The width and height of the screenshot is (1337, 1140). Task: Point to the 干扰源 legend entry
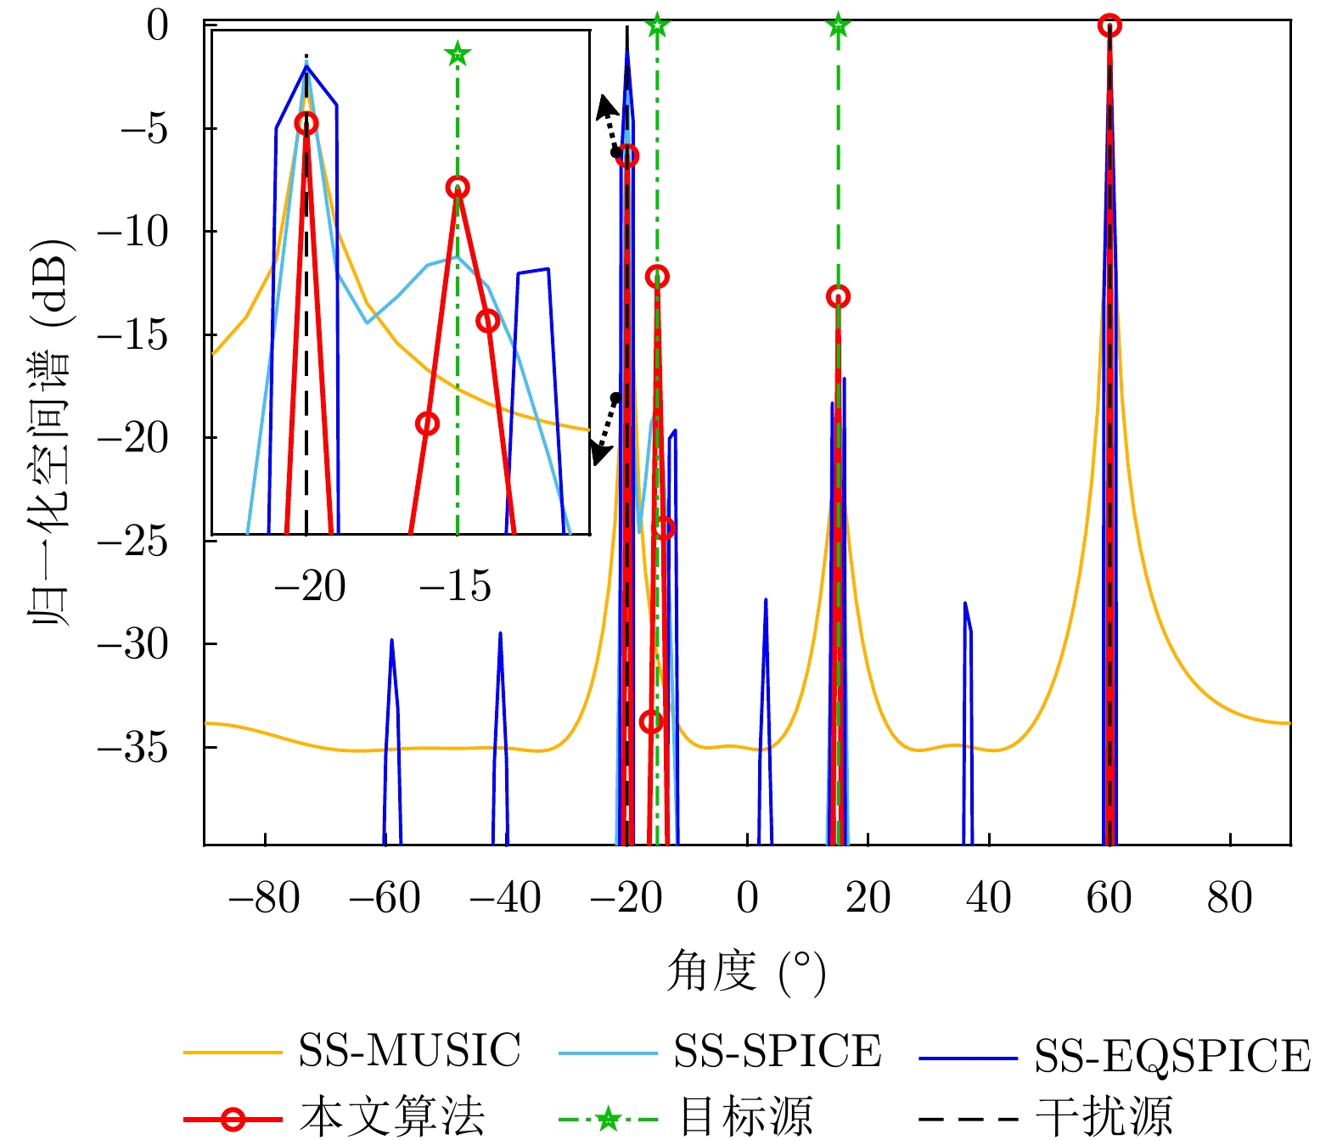[1104, 1115]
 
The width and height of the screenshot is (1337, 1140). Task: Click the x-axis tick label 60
[1109, 898]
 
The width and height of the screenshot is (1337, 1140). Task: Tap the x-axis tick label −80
[264, 898]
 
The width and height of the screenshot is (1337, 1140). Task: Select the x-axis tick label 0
[747, 898]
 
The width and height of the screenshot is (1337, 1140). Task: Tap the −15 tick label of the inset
[455, 587]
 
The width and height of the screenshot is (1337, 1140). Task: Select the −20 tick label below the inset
[309, 587]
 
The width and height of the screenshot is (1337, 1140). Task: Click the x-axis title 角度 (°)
[746, 971]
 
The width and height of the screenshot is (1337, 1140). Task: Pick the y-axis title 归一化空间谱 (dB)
[53, 433]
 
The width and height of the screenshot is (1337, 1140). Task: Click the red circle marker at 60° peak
[1109, 26]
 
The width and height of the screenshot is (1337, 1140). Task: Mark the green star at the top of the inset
[458, 54]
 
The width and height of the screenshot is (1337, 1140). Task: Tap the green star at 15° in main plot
[838, 25]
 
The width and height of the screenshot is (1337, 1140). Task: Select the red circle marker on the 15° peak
[838, 296]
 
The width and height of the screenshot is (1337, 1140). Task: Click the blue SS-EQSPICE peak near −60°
[391, 642]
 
